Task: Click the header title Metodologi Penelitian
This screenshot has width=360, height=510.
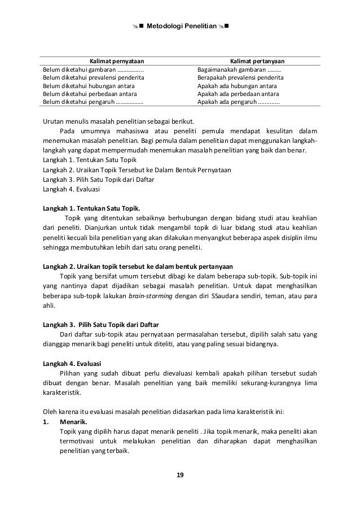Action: [179, 26]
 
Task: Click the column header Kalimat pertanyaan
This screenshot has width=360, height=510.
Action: [257, 61]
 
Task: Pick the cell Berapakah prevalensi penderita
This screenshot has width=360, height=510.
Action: [240, 77]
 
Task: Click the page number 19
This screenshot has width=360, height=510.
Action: [180, 474]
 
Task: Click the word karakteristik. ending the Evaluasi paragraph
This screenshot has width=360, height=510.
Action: [62, 394]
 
